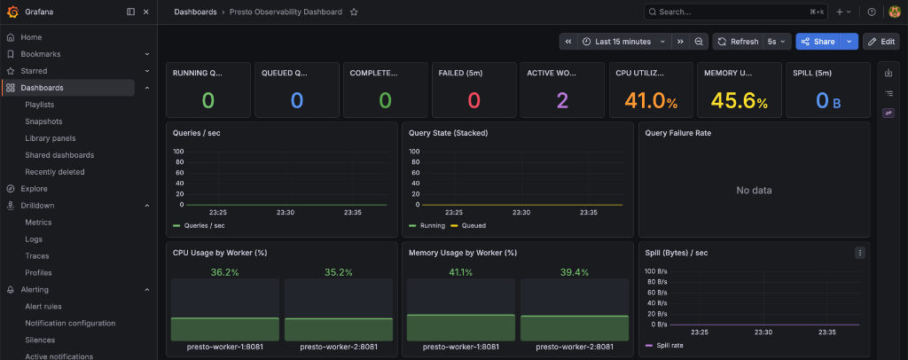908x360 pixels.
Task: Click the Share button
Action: point(818,42)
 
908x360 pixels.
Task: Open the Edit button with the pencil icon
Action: point(881,42)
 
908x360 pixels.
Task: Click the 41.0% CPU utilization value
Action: point(651,101)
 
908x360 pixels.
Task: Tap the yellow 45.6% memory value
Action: point(739,101)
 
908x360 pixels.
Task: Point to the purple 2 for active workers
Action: point(562,101)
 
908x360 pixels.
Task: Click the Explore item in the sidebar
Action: point(35,189)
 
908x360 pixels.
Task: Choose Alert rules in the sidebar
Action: point(43,306)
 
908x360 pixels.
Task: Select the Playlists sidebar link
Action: point(39,105)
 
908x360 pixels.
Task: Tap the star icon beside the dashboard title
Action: point(354,12)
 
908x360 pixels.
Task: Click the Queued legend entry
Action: point(468,226)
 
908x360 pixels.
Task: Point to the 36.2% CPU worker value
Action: point(224,272)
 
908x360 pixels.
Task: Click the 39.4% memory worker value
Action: point(575,272)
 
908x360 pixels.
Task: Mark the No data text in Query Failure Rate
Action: point(754,191)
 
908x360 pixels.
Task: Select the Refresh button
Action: point(738,42)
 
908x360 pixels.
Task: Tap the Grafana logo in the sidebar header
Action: point(12,12)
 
